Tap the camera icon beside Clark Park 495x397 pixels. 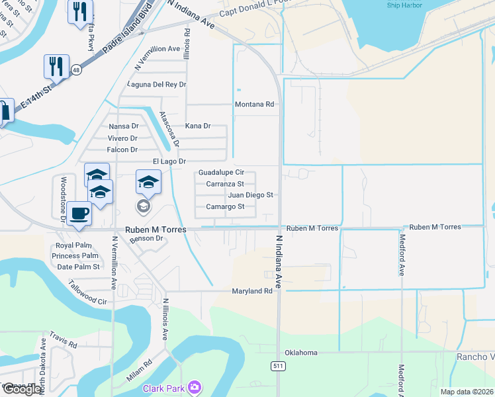(x=194, y=386)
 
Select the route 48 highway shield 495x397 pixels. (x=77, y=69)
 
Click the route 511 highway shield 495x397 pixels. (x=278, y=366)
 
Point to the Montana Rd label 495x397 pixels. (x=254, y=105)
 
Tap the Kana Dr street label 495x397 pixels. (x=197, y=126)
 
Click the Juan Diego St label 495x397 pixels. (x=250, y=195)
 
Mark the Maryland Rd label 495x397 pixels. (x=251, y=291)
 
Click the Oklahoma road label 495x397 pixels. (x=301, y=353)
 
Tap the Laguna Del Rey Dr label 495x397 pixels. (x=157, y=85)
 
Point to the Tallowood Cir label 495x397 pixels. (x=87, y=291)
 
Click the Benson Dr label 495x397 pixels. (x=146, y=238)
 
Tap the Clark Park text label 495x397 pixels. (x=164, y=388)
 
